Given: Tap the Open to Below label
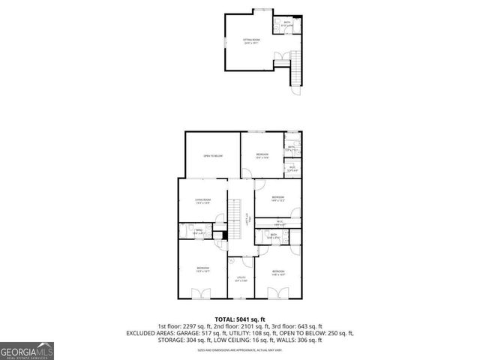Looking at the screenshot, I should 213,156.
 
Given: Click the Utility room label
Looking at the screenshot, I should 241,279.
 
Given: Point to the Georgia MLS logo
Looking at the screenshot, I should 25,350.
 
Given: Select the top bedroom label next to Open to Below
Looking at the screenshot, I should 260,155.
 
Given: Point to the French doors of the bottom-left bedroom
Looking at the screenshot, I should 202,296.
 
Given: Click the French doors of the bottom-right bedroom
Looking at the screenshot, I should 277,296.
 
